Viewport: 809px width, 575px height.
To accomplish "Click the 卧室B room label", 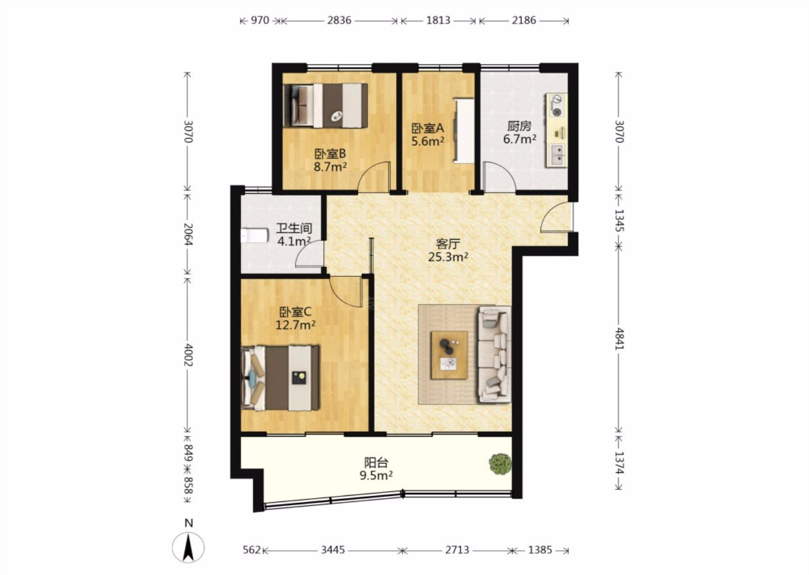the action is pyautogui.click(x=330, y=154).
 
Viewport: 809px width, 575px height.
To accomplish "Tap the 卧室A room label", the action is pyautogui.click(x=428, y=128).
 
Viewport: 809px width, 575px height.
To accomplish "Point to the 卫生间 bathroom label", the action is pyautogui.click(x=294, y=228).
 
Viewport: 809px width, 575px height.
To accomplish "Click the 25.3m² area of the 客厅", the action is pyautogui.click(x=448, y=257).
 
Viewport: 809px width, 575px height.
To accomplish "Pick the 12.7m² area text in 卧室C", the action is pyautogui.click(x=296, y=325).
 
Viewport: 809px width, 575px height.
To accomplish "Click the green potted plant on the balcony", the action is pyautogui.click(x=500, y=463).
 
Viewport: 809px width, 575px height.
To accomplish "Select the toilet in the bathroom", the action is pyautogui.click(x=254, y=235).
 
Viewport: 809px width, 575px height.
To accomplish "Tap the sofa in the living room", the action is pyautogui.click(x=494, y=354).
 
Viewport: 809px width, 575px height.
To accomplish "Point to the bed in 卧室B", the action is pyautogui.click(x=325, y=106).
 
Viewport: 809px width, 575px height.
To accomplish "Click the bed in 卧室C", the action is pyautogui.click(x=280, y=378).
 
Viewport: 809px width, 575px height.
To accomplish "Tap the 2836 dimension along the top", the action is pyautogui.click(x=339, y=20).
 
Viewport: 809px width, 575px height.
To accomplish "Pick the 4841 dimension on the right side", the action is pyautogui.click(x=619, y=339).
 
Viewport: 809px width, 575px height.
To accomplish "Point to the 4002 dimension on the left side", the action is pyautogui.click(x=188, y=355).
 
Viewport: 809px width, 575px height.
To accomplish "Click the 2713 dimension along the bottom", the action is pyautogui.click(x=457, y=550).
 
